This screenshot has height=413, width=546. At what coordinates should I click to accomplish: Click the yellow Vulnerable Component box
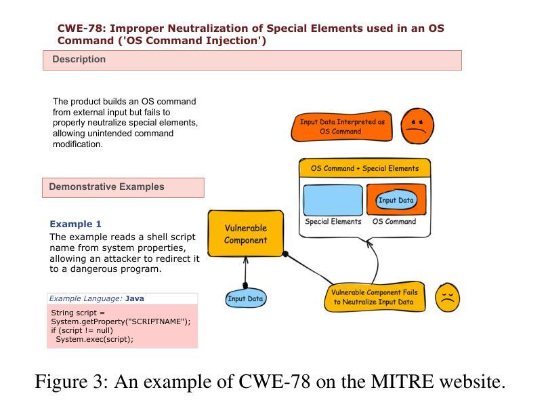[245, 234]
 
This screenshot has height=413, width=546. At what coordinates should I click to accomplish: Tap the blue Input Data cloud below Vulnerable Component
[245, 298]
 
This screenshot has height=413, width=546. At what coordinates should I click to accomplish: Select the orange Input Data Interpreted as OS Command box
[342, 127]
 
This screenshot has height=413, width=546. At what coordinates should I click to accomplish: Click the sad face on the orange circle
[417, 126]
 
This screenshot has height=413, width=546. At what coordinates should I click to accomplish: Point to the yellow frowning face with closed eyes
[447, 297]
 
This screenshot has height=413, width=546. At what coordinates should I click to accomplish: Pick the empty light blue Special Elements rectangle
[333, 200]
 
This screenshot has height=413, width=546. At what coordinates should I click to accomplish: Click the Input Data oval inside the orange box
[396, 200]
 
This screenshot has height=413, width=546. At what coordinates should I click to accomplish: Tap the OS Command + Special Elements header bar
[364, 168]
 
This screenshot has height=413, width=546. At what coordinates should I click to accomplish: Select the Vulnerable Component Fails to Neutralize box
[375, 297]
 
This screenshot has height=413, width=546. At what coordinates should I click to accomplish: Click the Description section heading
[79, 60]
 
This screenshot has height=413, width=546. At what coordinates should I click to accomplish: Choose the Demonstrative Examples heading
[106, 187]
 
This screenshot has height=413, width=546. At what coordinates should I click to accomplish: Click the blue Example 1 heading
[75, 224]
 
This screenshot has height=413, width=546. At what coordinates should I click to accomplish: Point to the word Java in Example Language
[135, 298]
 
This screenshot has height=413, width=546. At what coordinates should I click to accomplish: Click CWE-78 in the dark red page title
[81, 28]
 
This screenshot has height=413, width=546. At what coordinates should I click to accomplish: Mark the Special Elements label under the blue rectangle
[333, 222]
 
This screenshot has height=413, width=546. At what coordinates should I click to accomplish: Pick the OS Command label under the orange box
[394, 222]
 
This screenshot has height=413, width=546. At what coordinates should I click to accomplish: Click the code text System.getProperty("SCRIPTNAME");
[121, 321]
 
